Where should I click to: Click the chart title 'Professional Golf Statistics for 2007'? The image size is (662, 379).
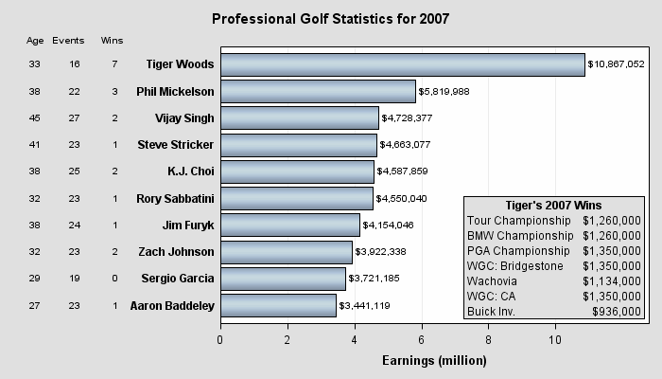tap(330, 19)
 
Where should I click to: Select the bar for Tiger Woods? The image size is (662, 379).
tap(402, 64)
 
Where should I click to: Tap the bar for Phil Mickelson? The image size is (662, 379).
tap(318, 91)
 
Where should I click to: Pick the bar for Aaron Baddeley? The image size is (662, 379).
tap(278, 305)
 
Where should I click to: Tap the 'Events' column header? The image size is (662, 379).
tap(68, 41)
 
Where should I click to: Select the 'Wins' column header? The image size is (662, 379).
tap(112, 41)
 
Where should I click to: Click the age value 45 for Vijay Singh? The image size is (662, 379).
tap(35, 118)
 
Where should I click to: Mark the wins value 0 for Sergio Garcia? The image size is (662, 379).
tap(114, 279)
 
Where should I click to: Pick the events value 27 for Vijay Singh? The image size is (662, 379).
tap(74, 118)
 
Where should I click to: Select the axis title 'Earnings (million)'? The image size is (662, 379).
tap(434, 360)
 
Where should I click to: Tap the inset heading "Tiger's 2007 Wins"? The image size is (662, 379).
tap(554, 206)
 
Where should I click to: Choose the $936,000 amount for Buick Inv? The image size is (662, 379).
tap(617, 311)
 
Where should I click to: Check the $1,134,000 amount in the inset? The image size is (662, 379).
tap(612, 280)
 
